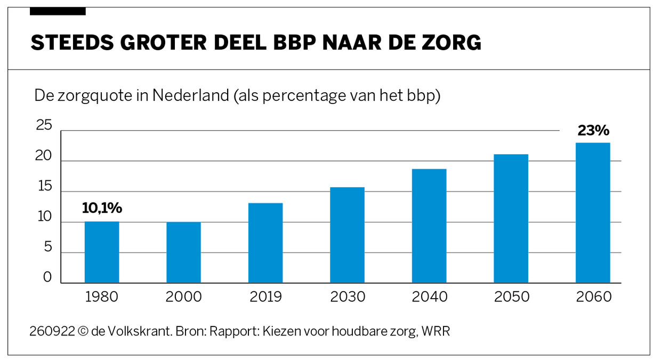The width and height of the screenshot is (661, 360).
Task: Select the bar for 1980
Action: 102,252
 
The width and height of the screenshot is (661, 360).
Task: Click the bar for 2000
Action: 183,252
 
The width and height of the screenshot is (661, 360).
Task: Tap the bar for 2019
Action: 265,243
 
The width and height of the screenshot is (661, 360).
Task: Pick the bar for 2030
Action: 347,235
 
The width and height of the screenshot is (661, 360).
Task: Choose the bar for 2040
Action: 429,226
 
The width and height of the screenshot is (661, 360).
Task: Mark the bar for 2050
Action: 511,218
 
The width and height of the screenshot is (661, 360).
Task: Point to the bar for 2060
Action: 593,212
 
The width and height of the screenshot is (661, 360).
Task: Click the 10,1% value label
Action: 102,209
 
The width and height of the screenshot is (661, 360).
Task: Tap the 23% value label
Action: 593,131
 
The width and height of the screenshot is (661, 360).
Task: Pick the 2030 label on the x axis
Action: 348,297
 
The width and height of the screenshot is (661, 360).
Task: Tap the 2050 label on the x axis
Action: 511,297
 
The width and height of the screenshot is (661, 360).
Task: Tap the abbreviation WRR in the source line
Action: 436,331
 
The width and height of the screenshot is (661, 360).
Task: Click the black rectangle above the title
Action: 58,11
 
